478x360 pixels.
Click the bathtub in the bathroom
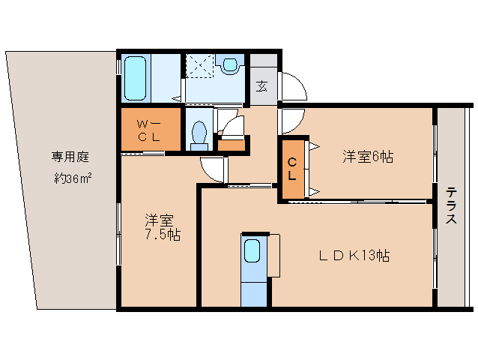(x=135, y=78)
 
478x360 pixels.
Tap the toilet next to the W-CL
(x=200, y=136)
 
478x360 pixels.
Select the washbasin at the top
(x=230, y=64)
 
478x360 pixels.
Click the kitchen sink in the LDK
(x=252, y=250)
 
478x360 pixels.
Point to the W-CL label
(x=149, y=131)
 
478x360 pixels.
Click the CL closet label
(x=292, y=169)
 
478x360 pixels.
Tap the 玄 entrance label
(x=262, y=86)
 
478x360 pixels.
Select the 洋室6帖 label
(x=368, y=157)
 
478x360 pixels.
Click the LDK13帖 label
(x=354, y=256)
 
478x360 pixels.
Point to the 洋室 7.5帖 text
(x=163, y=227)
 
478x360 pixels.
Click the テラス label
(x=452, y=206)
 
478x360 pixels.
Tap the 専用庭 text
(x=70, y=157)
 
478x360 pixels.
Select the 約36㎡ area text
(x=73, y=178)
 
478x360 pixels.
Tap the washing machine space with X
(x=200, y=65)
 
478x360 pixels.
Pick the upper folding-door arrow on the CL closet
(x=315, y=147)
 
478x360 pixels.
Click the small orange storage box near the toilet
(x=232, y=145)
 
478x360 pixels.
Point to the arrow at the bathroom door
(x=177, y=98)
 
